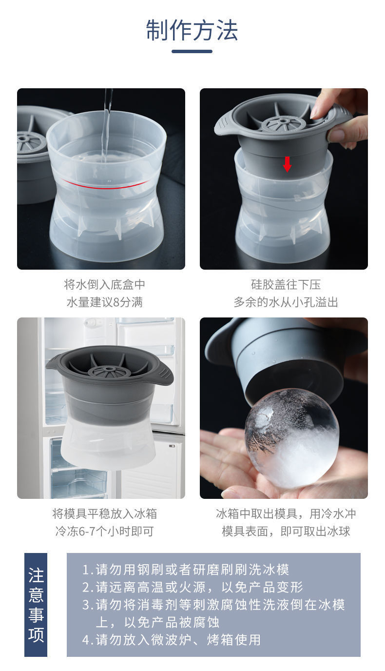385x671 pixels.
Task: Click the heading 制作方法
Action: click(x=192, y=30)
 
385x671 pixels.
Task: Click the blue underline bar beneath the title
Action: click(x=192, y=51)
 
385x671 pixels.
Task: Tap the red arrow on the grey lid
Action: click(x=287, y=164)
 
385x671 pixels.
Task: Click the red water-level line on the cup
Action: click(x=105, y=184)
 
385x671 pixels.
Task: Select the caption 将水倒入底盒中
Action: click(x=104, y=285)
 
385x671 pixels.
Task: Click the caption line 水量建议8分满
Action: click(x=104, y=302)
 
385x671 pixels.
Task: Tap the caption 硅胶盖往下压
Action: click(x=286, y=285)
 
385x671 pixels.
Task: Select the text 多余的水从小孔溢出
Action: click(x=286, y=302)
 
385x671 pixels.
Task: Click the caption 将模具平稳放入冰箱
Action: click(x=104, y=513)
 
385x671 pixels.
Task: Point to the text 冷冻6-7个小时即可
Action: click(x=104, y=531)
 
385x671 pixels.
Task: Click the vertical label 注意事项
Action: click(x=36, y=605)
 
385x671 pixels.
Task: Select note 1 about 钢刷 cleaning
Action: click(x=186, y=570)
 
